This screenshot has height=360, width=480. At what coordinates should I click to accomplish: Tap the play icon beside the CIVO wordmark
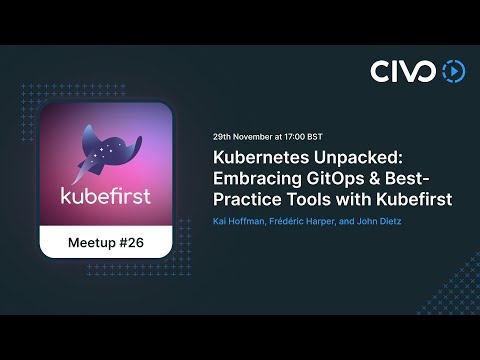coord(453,71)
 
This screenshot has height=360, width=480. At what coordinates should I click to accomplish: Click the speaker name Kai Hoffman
coord(242,220)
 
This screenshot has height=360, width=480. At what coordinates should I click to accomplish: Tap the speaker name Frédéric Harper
coord(306,220)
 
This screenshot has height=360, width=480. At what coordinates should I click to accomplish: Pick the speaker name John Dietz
coord(378,220)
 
